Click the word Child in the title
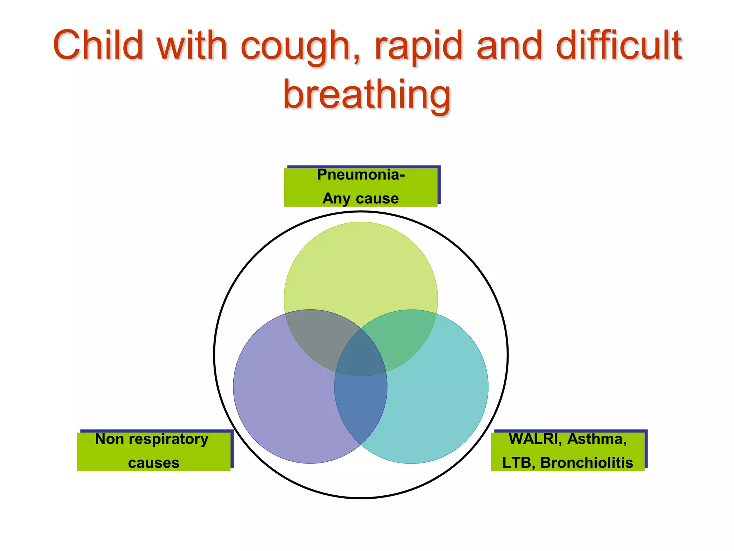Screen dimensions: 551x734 click(x=98, y=45)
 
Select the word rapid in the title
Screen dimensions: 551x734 click(x=419, y=47)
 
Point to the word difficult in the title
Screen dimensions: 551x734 click(x=619, y=45)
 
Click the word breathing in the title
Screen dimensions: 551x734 click(x=367, y=95)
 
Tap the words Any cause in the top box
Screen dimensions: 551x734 click(x=361, y=198)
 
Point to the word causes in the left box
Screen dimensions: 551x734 click(x=153, y=463)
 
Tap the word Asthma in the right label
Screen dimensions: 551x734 click(x=597, y=439)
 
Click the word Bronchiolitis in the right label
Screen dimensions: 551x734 click(x=586, y=463)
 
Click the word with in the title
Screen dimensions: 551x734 click(x=192, y=45)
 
